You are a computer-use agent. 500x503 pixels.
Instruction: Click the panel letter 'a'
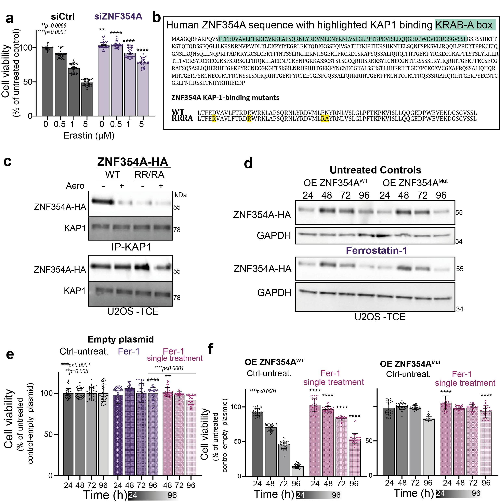(9, 19)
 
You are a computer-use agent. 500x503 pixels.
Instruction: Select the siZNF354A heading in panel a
(118, 16)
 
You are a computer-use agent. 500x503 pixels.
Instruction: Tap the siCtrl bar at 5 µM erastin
(87, 99)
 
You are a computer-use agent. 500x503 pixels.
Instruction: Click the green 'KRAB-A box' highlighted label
(464, 25)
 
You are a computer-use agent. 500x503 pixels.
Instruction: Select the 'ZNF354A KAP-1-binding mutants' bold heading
(225, 98)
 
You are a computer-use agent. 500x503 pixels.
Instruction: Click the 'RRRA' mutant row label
(182, 118)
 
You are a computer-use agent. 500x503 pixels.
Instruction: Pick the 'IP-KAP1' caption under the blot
(131, 247)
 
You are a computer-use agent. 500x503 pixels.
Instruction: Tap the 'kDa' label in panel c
(181, 195)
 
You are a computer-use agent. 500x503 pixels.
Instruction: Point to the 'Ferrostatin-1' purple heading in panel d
(376, 250)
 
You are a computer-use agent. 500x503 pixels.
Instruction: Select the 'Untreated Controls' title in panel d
(375, 170)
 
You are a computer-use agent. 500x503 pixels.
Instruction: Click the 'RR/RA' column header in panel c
(149, 175)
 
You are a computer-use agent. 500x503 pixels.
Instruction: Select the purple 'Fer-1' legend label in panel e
(129, 351)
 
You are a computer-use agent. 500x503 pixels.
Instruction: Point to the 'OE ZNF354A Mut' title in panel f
(410, 364)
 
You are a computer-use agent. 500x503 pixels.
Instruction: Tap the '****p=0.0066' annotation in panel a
(54, 26)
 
